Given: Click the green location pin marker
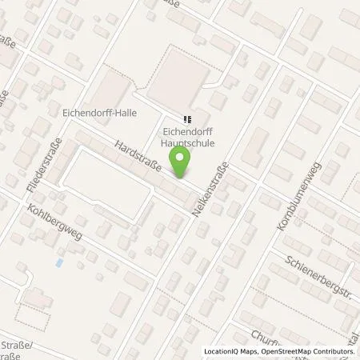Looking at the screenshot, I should tap(182, 163).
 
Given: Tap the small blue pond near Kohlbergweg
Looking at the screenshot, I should tap(58, 262).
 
